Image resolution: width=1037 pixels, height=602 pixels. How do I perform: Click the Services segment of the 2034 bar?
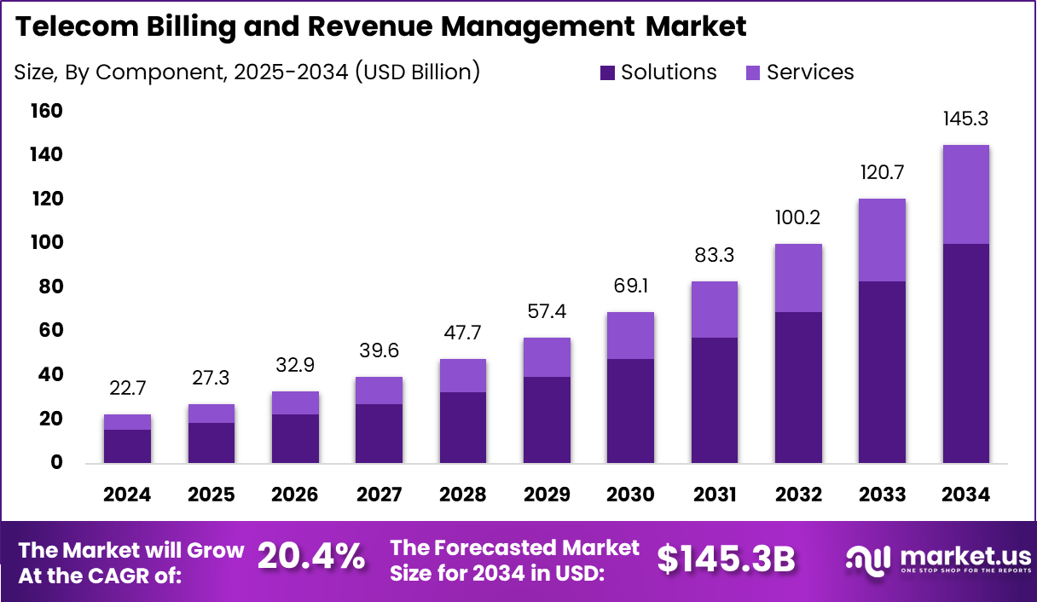point(965,194)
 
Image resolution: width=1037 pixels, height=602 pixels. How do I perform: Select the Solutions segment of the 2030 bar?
point(630,410)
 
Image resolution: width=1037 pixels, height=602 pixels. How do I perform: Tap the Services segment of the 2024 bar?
point(128,422)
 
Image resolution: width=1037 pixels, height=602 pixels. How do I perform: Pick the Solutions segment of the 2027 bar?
point(379,433)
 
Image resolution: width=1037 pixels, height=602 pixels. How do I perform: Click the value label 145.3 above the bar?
point(965,119)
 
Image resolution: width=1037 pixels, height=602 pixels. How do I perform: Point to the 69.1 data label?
point(630,287)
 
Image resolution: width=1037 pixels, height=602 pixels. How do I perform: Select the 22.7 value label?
point(128,389)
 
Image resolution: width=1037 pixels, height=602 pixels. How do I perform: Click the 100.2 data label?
point(798,218)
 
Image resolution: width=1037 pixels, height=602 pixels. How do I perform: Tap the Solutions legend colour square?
point(607,72)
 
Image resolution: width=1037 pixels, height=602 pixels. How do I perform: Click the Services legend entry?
point(810,72)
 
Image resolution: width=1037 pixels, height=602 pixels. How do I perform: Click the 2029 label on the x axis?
point(547,495)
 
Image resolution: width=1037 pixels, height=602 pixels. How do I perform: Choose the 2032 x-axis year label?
point(798,495)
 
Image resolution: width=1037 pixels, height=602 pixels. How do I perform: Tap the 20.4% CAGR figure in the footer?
point(310,559)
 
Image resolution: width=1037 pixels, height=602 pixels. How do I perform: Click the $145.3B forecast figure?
point(726,559)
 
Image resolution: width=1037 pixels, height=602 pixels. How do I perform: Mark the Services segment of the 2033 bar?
point(882,240)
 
